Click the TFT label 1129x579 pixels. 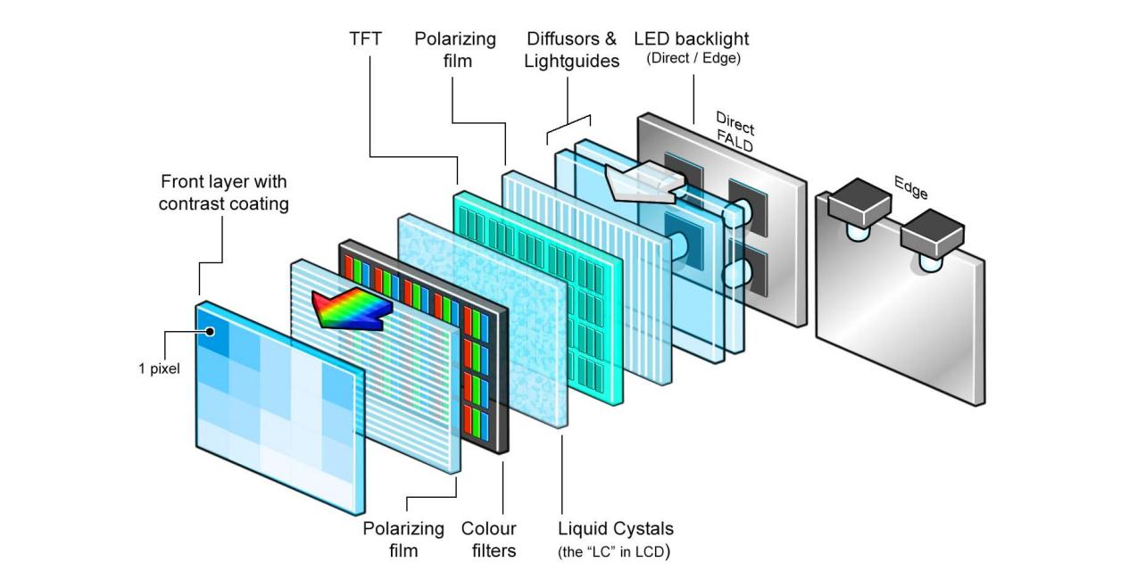[364, 39]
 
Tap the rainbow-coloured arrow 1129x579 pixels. [350, 309]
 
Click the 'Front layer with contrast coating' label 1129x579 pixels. [224, 193]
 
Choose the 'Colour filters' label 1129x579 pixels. [488, 539]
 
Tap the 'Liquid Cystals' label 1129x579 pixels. [615, 528]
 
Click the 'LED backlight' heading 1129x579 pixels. [692, 39]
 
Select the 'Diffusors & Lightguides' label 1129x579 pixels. [571, 50]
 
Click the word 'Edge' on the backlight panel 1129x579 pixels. [910, 187]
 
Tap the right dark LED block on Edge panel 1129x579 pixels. [932, 231]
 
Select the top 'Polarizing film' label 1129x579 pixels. [455, 50]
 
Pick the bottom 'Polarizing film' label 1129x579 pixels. [403, 539]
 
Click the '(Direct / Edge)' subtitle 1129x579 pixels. [693, 60]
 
